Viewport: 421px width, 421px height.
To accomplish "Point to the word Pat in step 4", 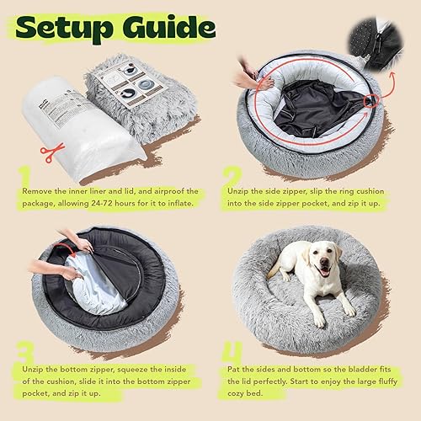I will coord(233,369).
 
